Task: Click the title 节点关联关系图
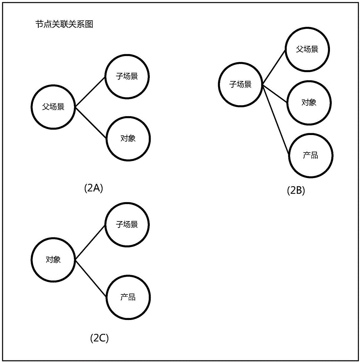(x=64, y=24)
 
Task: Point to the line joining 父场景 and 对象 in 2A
(x=91, y=123)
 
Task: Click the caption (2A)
(x=93, y=188)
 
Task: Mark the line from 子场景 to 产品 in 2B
(x=276, y=119)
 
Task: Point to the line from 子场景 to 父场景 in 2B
(x=274, y=67)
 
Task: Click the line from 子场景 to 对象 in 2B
(x=275, y=93)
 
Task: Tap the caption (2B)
(x=296, y=191)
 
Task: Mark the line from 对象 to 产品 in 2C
(x=91, y=279)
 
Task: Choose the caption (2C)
(x=99, y=338)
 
